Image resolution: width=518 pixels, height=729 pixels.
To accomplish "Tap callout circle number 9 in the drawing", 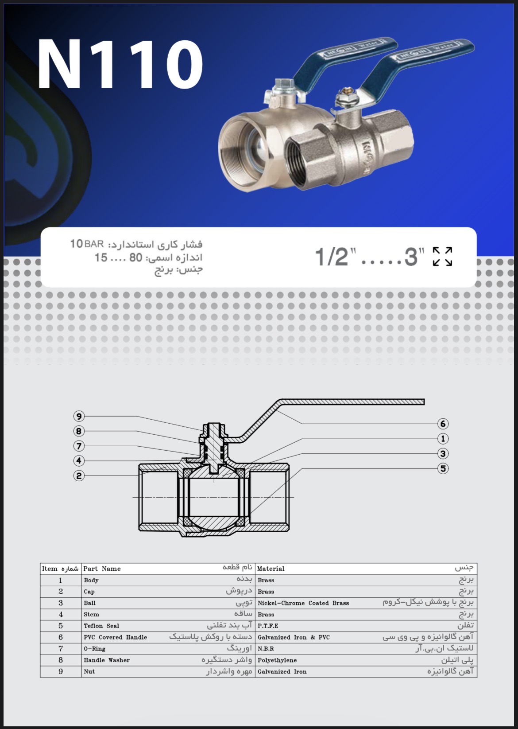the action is [x=79, y=416].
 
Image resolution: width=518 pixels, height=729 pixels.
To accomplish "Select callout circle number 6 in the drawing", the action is [x=443, y=424].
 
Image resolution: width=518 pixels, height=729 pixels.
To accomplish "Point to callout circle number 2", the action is [x=79, y=476].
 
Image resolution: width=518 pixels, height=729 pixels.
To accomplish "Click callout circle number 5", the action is [x=443, y=469].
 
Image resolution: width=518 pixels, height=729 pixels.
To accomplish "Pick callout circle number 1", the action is [x=443, y=439].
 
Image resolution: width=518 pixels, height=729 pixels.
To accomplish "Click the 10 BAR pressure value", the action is [x=87, y=244].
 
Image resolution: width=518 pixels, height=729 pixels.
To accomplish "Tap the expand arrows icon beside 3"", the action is [x=442, y=257].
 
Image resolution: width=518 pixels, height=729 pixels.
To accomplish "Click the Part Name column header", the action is [x=102, y=569].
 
